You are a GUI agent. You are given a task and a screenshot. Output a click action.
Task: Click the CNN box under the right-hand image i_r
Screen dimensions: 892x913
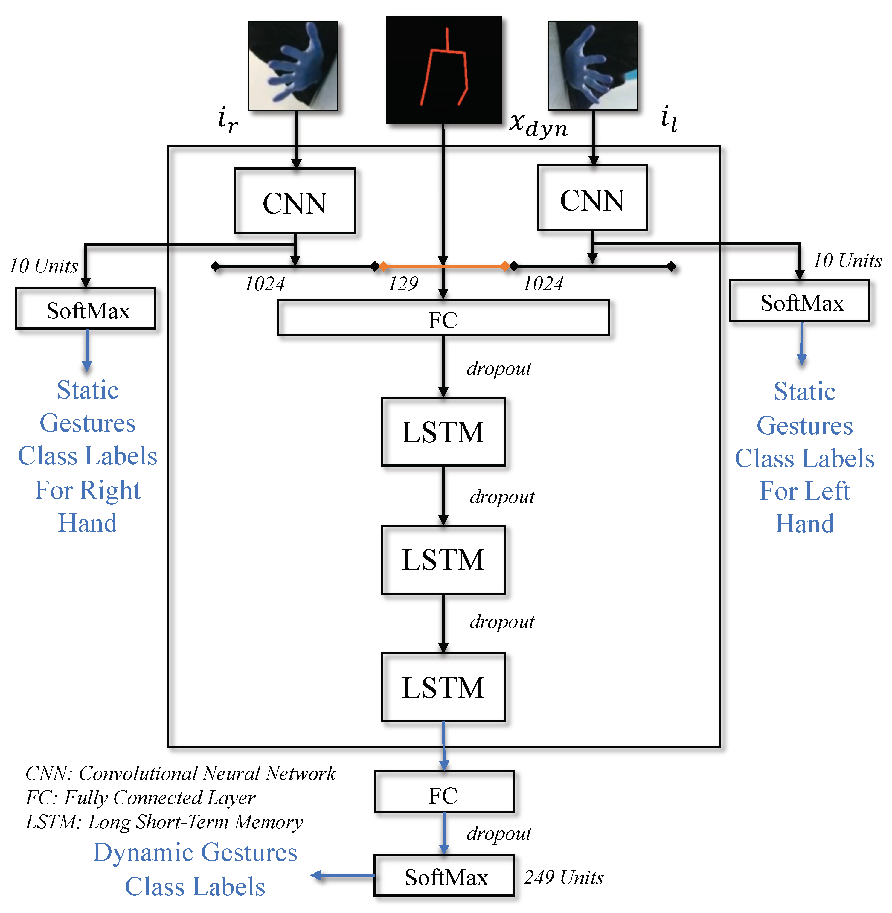[295, 201]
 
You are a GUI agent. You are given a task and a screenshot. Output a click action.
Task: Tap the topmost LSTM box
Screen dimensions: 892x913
[443, 432]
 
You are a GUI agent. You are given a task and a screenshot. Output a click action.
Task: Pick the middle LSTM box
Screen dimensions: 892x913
[443, 560]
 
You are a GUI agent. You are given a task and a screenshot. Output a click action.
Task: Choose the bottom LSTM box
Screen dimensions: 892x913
[443, 687]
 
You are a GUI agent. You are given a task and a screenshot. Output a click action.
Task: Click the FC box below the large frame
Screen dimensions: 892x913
[444, 792]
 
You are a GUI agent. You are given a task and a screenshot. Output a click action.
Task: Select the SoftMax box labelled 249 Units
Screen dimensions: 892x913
[444, 876]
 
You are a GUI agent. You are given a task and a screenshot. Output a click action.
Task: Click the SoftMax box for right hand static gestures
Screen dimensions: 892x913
[86, 308]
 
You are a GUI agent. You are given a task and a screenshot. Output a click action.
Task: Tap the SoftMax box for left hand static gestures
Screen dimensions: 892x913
[800, 301]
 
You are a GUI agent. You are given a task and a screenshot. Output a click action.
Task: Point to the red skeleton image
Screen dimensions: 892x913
[444, 70]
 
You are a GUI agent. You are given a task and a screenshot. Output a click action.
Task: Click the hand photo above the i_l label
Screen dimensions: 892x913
[593, 65]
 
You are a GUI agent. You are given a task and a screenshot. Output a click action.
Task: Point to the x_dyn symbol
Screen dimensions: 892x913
[538, 125]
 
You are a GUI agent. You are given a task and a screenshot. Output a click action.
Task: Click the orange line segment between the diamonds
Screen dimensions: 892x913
[444, 266]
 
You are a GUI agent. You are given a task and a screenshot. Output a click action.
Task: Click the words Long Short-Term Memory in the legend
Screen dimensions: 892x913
[195, 823]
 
